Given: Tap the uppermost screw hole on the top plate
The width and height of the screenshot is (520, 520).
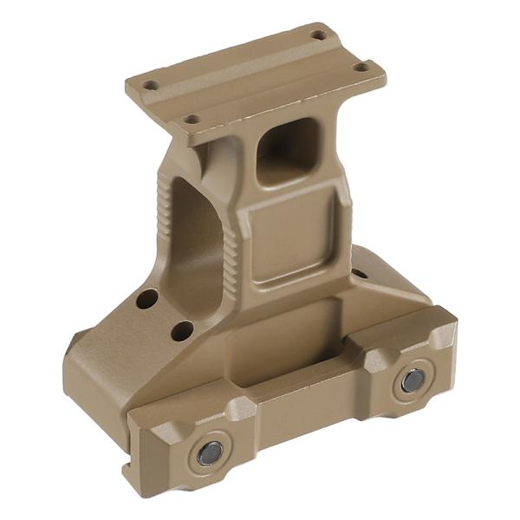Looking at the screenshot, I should (318, 35).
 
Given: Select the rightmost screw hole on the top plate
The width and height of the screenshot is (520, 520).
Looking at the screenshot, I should (361, 67).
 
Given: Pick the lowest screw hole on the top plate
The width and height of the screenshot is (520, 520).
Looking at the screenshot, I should (192, 119).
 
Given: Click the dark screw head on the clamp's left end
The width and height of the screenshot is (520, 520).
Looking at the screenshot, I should (210, 452).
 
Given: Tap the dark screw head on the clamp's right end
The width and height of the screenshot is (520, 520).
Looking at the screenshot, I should (412, 380).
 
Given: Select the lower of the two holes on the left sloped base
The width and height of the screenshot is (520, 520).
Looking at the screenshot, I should (182, 330).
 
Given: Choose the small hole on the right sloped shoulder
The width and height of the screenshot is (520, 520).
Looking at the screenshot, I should (359, 274).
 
